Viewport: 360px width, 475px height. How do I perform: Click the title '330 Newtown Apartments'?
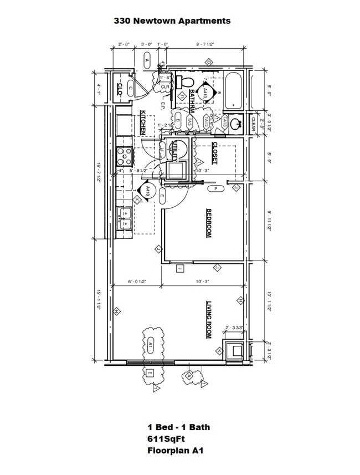(x=172, y=21)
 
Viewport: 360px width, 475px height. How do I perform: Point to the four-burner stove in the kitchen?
(x=124, y=156)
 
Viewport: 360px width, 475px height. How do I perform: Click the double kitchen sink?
(x=124, y=217)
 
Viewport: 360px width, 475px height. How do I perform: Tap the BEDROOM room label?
(x=209, y=223)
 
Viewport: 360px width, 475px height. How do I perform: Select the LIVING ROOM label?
(x=209, y=320)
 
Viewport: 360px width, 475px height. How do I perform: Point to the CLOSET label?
(x=215, y=154)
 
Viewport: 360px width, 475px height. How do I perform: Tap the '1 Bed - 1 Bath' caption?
(x=178, y=427)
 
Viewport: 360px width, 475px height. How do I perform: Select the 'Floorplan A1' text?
(x=175, y=451)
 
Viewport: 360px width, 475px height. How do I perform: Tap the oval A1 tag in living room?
(x=150, y=346)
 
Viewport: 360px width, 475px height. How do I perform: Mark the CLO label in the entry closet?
(x=120, y=88)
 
